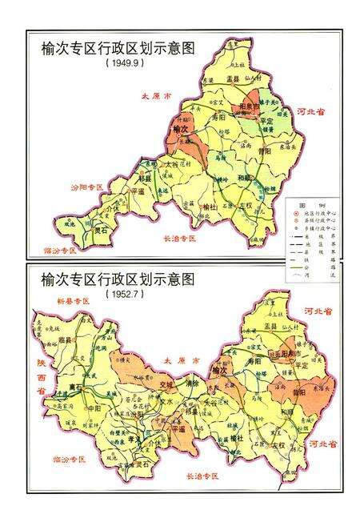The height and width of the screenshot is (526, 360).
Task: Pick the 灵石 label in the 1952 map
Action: coord(142,463)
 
